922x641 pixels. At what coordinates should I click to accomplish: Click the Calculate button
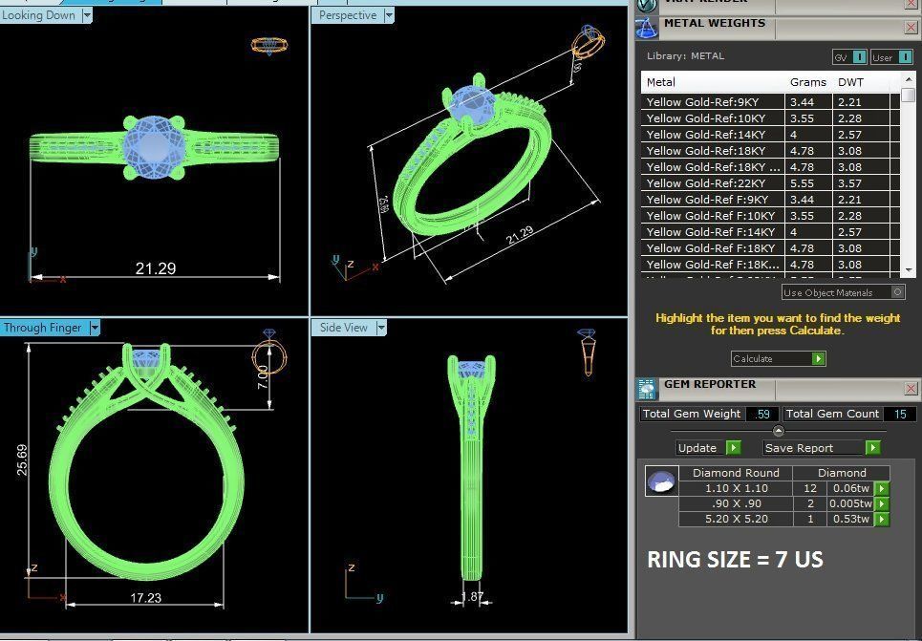point(778,358)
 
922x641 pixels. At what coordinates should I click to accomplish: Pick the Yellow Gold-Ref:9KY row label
point(702,102)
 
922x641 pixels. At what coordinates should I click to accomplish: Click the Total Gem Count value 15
point(899,414)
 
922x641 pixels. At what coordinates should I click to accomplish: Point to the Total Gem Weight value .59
point(761,414)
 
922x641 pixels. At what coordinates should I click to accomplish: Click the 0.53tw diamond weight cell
point(849,519)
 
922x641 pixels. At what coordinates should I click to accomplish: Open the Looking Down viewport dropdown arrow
point(87,15)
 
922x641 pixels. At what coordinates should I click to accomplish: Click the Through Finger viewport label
point(43,328)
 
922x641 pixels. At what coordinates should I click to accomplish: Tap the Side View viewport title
point(344,328)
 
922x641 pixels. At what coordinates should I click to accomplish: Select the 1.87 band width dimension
point(472,597)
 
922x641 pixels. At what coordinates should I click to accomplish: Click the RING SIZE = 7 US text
point(735,559)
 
